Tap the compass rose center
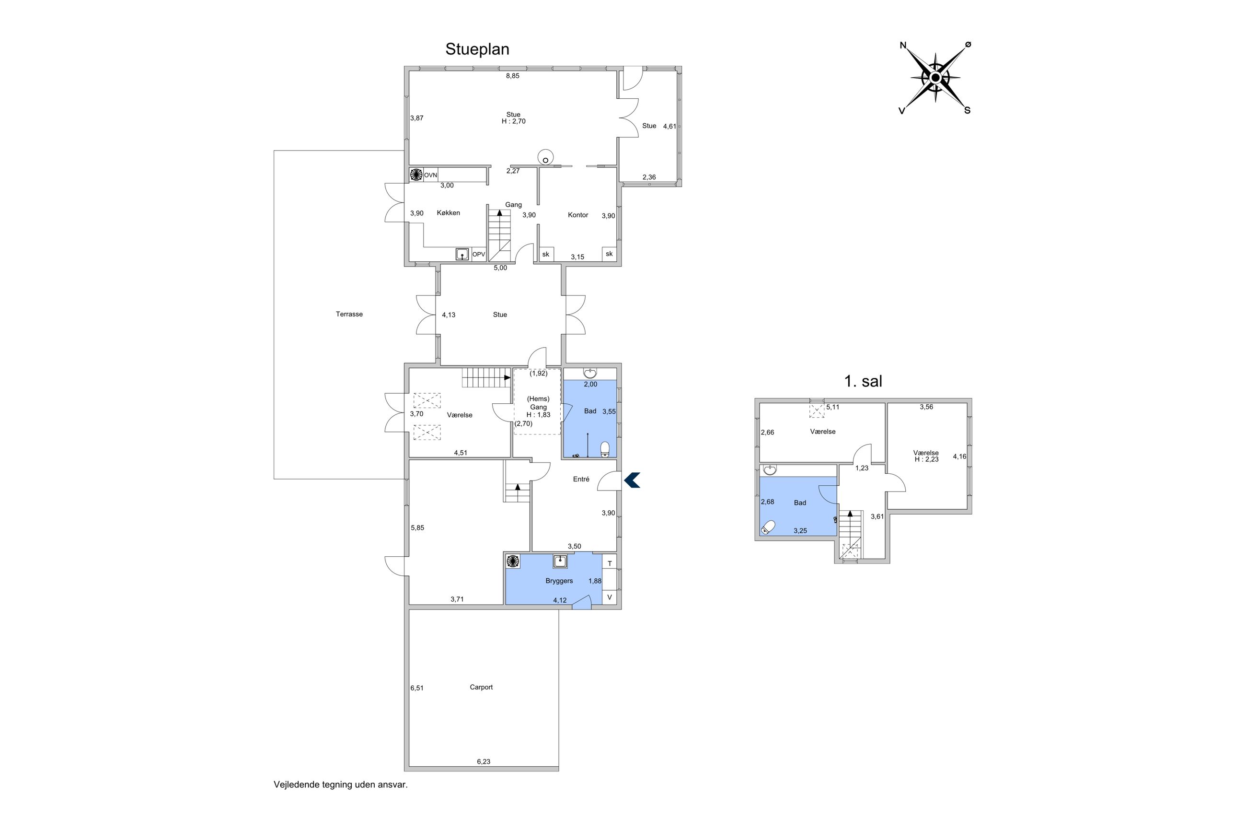tap(934, 78)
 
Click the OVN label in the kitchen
tap(430, 175)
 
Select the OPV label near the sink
tap(478, 255)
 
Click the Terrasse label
tap(349, 314)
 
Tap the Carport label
tap(481, 687)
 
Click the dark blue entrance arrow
tap(632, 480)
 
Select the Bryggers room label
tap(559, 581)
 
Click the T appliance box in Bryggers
tap(610, 563)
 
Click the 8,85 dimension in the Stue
tap(512, 76)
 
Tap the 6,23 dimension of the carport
tap(483, 761)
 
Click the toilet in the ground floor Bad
tap(605, 449)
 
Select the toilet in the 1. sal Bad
tap(768, 527)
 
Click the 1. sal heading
tap(863, 381)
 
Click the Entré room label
tap(580, 479)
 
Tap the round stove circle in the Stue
tap(545, 157)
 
